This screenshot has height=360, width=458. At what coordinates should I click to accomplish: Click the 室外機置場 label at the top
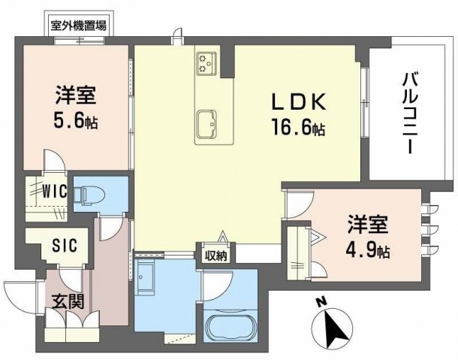pos(78,24)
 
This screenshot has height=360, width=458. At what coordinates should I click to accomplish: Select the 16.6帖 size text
pos(299,129)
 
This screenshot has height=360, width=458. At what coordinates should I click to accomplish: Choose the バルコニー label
pos(410,112)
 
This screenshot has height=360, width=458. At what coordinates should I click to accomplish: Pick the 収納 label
pos(215,256)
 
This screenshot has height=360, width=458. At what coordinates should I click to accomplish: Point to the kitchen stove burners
pos(206,62)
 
